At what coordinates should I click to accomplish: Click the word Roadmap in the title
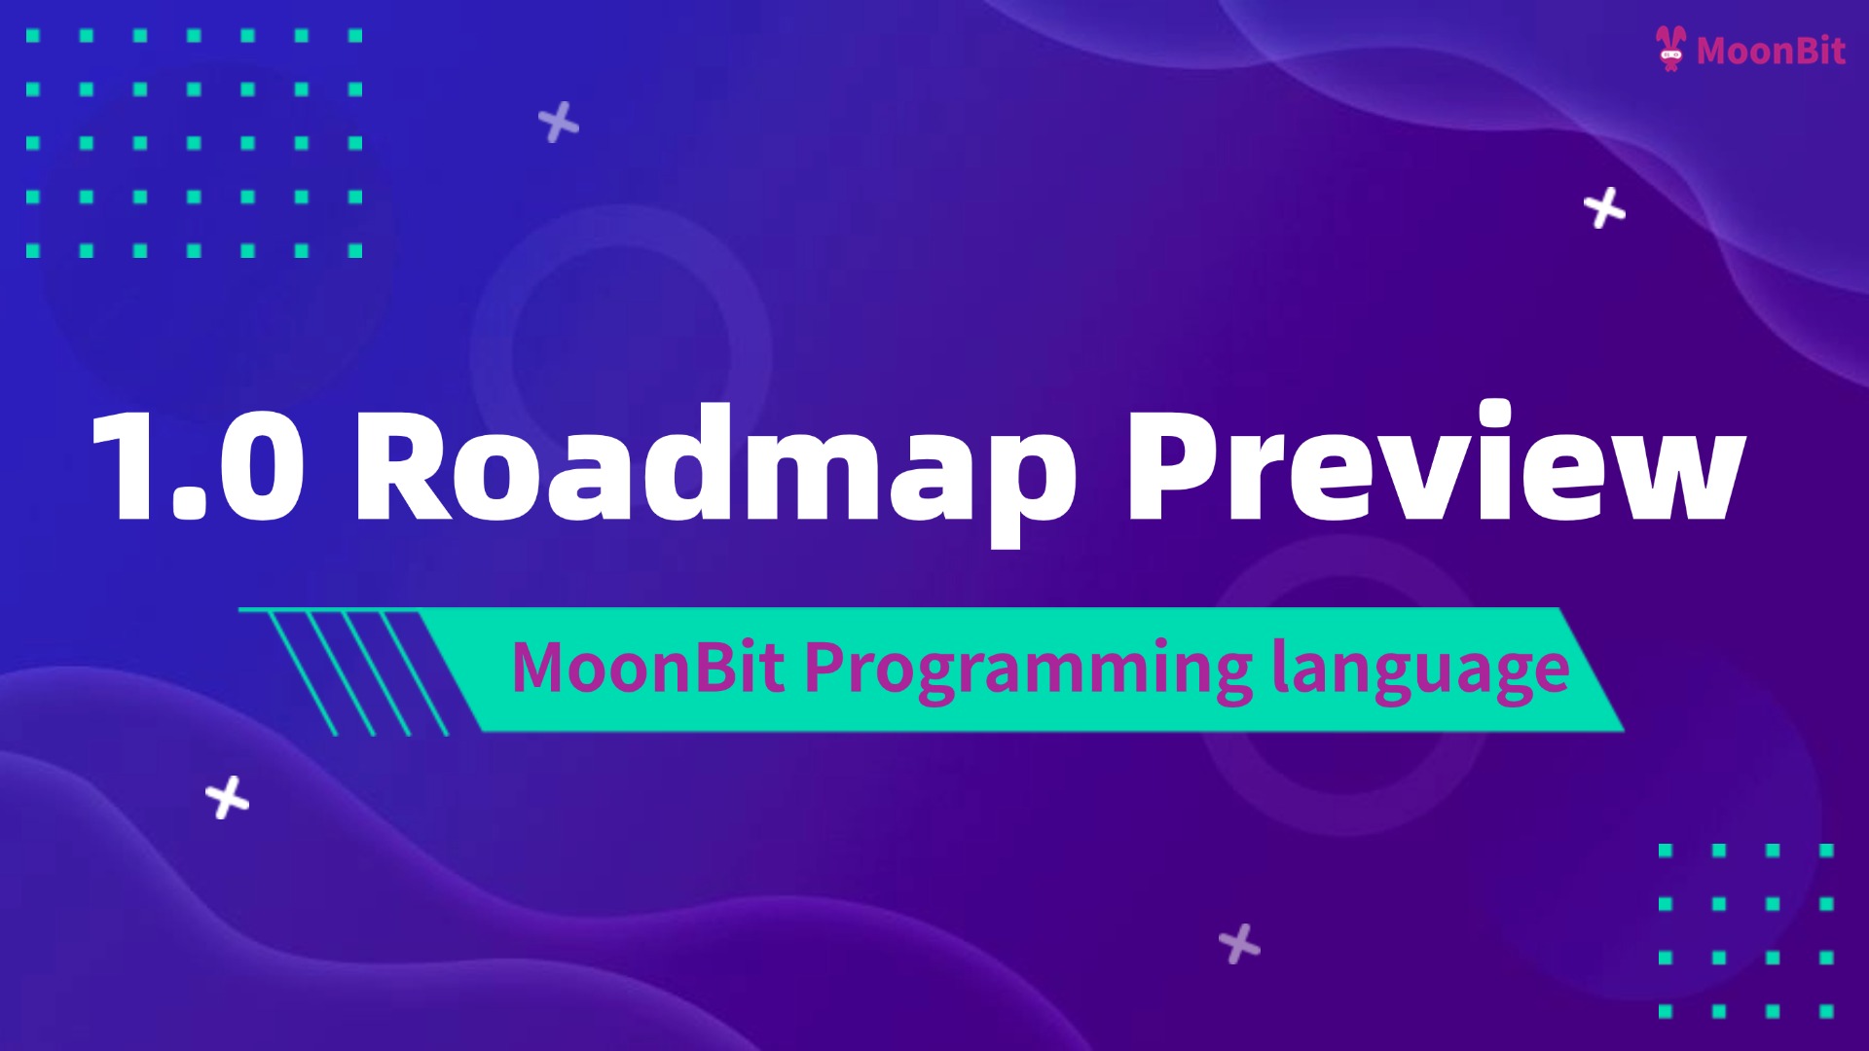pyautogui.click(x=715, y=467)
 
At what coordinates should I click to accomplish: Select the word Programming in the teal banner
pyautogui.click(x=1027, y=670)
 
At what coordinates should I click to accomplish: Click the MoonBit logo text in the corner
pyautogui.click(x=1770, y=51)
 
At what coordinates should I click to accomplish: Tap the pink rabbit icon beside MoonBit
pyautogui.click(x=1670, y=49)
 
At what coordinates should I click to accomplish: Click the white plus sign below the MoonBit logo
pyautogui.click(x=1604, y=208)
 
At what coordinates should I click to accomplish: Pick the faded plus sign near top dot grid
pyautogui.click(x=559, y=123)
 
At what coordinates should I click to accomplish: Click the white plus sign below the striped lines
pyautogui.click(x=228, y=798)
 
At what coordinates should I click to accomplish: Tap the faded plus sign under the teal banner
pyautogui.click(x=1239, y=944)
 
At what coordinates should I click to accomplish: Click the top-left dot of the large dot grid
pyautogui.click(x=33, y=36)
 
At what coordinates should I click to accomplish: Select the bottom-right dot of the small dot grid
pyautogui.click(x=1826, y=1011)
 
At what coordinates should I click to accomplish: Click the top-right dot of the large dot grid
pyautogui.click(x=355, y=36)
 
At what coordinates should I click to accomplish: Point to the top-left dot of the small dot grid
pyautogui.click(x=1666, y=851)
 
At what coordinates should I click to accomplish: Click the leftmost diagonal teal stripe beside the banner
pyautogui.click(x=302, y=671)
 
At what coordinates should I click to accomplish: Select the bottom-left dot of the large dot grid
pyautogui.click(x=33, y=250)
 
